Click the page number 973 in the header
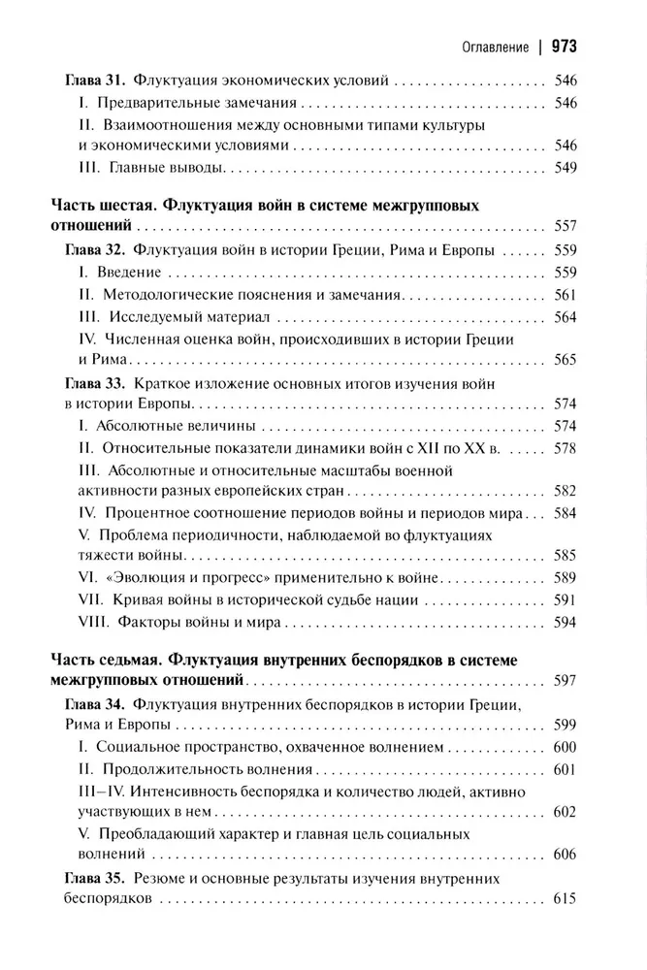coord(564,46)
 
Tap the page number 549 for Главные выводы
coord(565,168)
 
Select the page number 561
coord(565,295)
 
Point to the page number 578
coord(565,448)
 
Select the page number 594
coord(565,622)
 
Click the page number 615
coord(565,899)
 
